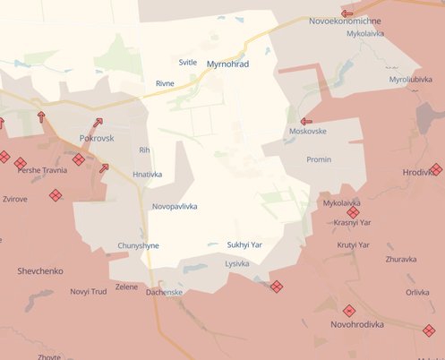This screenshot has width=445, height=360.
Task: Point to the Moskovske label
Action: tap(307, 132)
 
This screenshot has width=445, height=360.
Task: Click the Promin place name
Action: tap(318, 159)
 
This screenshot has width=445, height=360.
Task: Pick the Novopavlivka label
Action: tap(175, 206)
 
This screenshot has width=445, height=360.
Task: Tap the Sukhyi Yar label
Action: tap(244, 244)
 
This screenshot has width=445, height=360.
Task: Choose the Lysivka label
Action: tap(237, 263)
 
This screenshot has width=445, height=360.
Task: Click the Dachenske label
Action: tap(164, 292)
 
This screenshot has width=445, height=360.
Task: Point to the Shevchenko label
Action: tap(39, 270)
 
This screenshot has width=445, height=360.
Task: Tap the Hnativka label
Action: tap(147, 175)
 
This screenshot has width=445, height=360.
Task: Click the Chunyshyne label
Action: tap(138, 245)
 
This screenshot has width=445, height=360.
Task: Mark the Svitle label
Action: tap(188, 62)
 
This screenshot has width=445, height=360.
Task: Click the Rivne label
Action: tap(165, 83)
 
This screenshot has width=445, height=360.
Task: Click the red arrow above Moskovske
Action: tap(306, 121)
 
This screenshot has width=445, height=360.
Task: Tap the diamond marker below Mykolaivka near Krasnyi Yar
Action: tap(353, 213)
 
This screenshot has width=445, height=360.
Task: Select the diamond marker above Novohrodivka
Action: tap(349, 310)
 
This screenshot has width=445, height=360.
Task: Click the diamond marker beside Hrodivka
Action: tap(436, 169)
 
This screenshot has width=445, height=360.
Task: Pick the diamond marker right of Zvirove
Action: tap(56, 194)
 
